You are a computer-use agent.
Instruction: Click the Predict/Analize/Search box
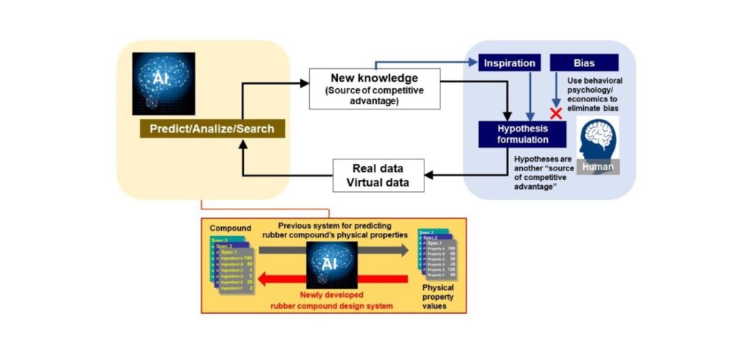pos(211,129)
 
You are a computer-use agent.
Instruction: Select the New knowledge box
pos(374,88)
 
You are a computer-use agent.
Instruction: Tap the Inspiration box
pos(510,62)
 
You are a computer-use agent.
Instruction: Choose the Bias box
pos(584,62)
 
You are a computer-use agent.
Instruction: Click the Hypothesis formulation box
pos(522,134)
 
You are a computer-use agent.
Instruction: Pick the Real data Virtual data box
pos(379,175)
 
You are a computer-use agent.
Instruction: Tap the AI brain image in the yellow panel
pos(164,83)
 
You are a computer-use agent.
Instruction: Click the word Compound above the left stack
pos(228,228)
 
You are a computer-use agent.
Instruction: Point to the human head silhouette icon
pos(598,140)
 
